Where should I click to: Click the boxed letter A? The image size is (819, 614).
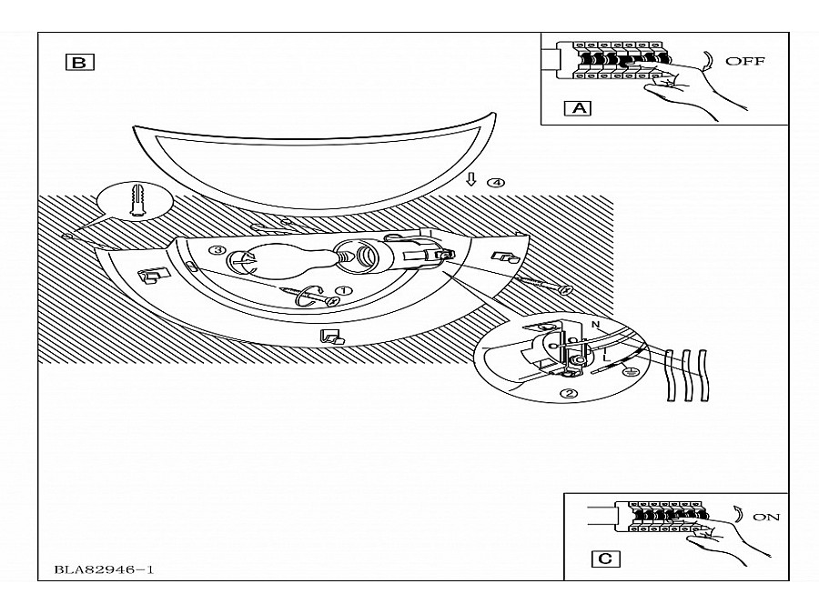point(578,108)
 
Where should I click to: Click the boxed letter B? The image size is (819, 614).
point(79,63)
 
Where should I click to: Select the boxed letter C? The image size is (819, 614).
point(605,559)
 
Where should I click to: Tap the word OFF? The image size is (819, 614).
point(745,61)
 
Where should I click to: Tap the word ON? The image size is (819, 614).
point(766,517)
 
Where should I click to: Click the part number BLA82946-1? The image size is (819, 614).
point(104,569)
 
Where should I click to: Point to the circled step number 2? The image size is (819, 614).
point(570,394)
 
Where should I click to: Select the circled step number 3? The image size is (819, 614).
point(217,250)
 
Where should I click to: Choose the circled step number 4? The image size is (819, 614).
point(496,183)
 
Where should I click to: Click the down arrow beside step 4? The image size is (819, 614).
point(471,179)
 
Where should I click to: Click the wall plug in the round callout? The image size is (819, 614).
point(136,199)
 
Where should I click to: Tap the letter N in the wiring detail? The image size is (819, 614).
point(595,325)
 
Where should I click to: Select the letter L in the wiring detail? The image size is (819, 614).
point(606,358)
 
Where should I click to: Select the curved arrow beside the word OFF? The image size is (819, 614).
point(709,61)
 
